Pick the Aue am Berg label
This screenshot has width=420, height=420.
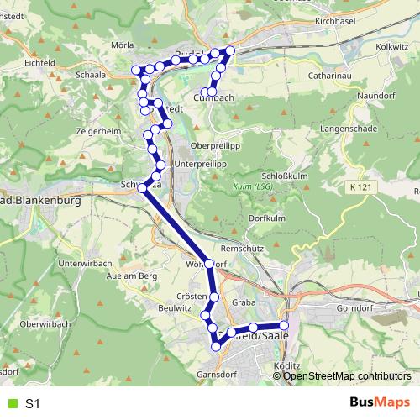[127, 276]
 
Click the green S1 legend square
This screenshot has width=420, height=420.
[11, 404]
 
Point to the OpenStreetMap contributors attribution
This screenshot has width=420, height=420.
[348, 376]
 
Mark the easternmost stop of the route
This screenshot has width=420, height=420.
[284, 325]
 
